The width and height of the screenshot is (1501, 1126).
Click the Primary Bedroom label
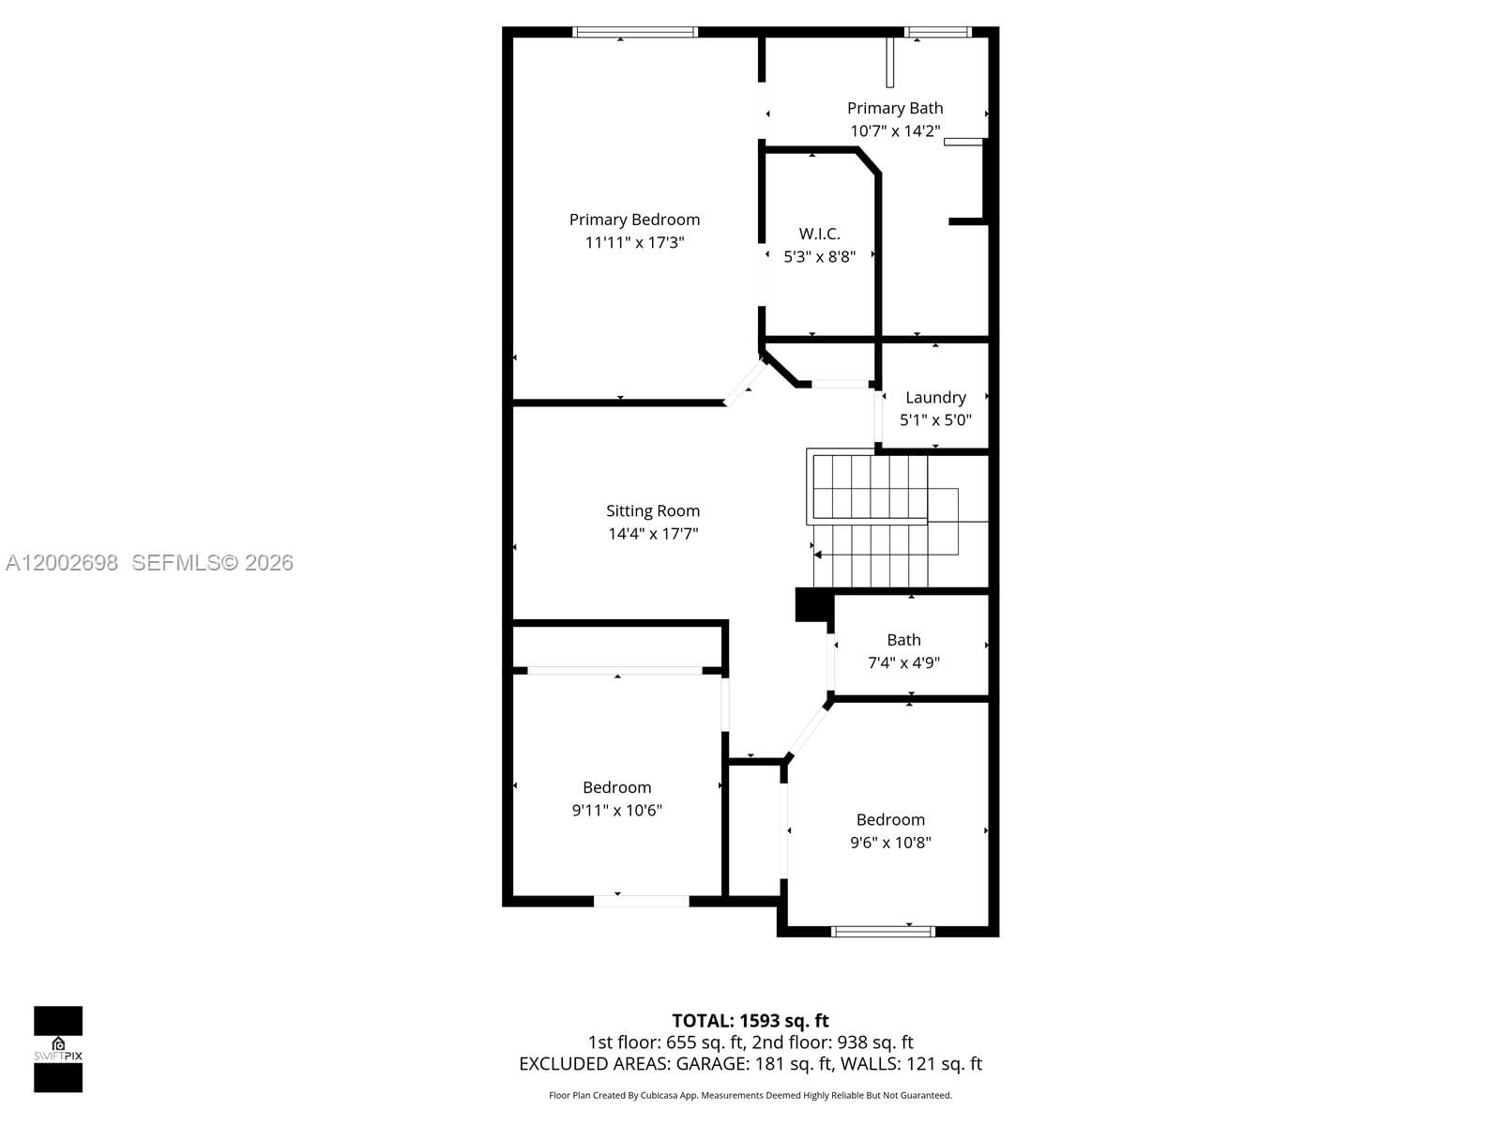[634, 220]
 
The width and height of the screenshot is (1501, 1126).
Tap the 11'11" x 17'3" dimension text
[634, 242]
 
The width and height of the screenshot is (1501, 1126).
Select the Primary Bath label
[895, 109]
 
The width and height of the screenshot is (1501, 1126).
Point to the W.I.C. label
[819, 234]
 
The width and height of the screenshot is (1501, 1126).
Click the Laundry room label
[935, 398]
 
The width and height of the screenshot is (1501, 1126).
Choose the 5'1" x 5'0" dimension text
[935, 420]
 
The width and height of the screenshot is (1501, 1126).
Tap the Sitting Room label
[653, 511]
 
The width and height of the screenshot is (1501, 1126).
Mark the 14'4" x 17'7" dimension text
[653, 534]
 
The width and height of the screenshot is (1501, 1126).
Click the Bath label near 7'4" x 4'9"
[903, 640]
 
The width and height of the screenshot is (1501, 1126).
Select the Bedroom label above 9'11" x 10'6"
[616, 787]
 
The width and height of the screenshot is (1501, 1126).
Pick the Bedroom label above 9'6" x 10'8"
[890, 820]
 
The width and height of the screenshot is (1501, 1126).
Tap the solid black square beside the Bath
[811, 604]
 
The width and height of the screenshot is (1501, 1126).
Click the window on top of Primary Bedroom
[635, 32]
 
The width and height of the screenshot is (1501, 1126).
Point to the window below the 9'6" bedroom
[883, 932]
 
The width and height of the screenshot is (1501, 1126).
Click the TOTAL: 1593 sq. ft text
[750, 1021]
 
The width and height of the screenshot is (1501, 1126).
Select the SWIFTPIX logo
[58, 1049]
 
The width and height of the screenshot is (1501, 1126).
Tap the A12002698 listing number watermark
[62, 563]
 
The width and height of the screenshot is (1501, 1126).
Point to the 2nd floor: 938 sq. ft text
[832, 1042]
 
